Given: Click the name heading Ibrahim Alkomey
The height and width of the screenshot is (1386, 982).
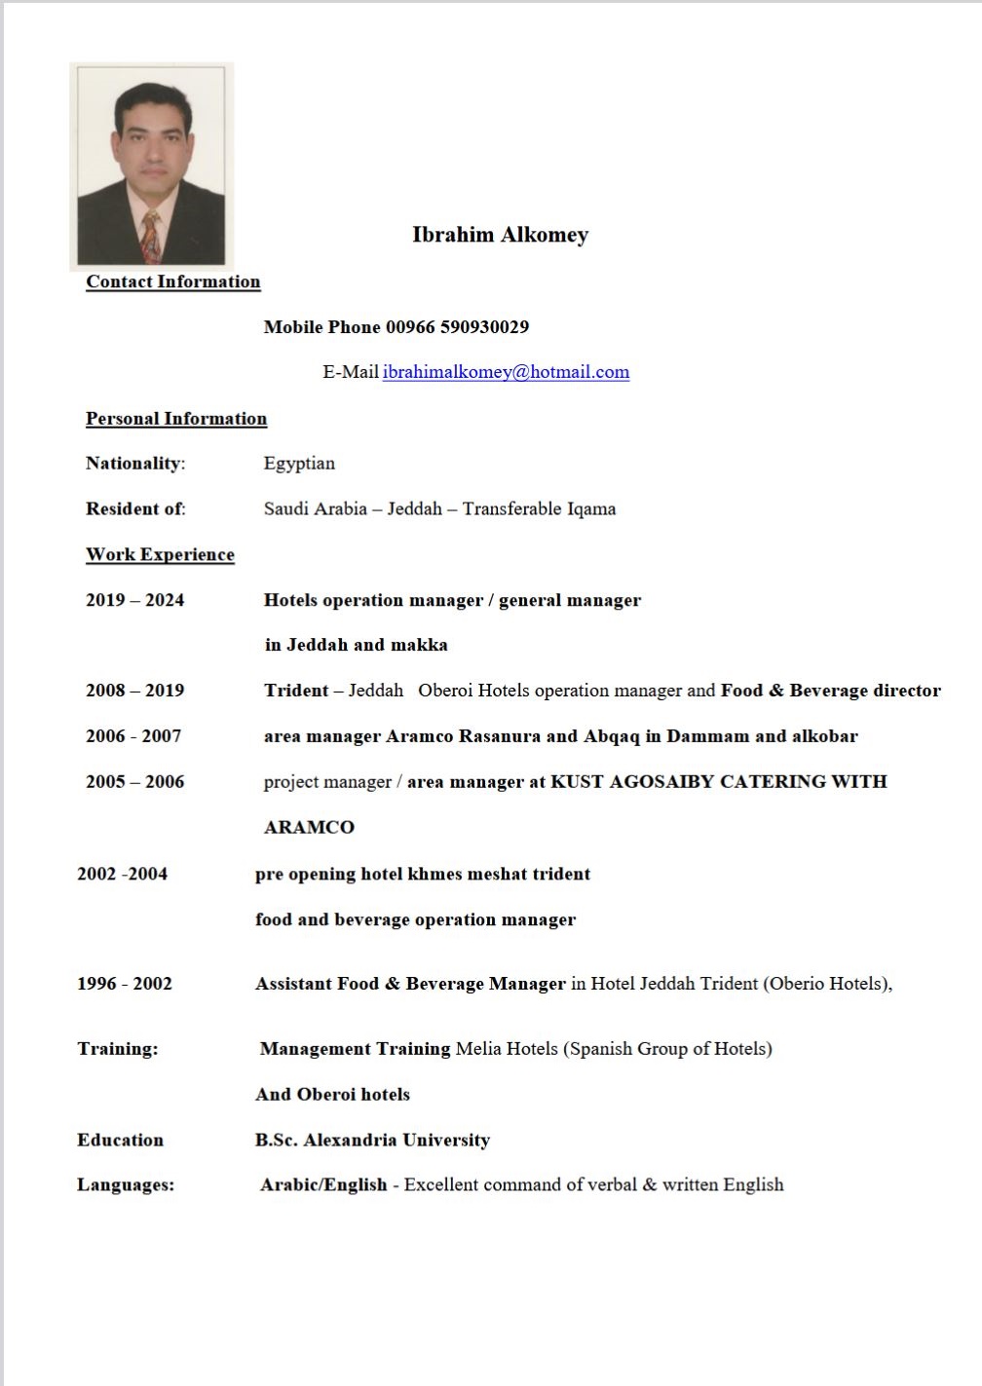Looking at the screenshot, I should [x=500, y=235].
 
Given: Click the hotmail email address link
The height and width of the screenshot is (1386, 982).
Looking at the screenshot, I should [x=506, y=372].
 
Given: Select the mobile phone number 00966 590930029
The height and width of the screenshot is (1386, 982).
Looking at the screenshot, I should [x=457, y=327].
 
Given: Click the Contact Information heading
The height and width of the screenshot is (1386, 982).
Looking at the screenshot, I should [x=172, y=281].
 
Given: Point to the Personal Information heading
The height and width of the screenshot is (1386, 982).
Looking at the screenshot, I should [x=175, y=419].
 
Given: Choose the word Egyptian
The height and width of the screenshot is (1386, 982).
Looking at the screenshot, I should [x=299, y=464].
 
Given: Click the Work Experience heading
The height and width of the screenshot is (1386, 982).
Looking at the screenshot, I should [x=160, y=555].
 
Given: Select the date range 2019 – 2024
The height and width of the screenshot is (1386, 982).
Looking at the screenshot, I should [x=134, y=600].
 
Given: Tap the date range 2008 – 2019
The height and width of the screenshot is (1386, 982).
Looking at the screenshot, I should [x=134, y=691].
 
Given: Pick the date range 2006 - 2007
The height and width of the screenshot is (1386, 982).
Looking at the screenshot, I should [x=133, y=736].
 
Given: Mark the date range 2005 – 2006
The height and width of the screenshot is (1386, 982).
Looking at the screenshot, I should [x=134, y=782].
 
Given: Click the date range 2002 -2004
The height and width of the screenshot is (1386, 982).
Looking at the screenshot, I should [x=122, y=874].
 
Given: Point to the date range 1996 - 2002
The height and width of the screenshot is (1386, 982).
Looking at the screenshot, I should [x=125, y=984].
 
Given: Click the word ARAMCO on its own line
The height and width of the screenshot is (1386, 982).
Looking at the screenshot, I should [x=309, y=828].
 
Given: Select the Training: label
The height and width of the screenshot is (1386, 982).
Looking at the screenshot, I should [x=117, y=1049].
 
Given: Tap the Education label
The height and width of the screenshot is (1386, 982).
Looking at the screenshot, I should [x=120, y=1141].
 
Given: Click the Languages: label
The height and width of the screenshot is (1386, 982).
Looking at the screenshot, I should [x=126, y=1185].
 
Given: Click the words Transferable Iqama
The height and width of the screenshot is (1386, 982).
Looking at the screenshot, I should [x=539, y=509].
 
